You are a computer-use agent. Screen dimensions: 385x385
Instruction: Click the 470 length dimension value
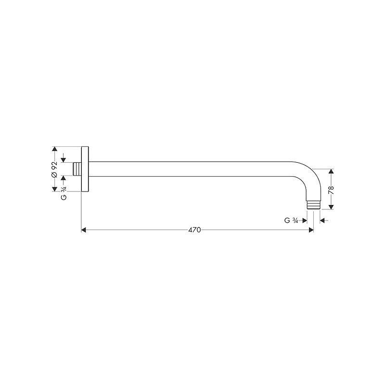point(194,230)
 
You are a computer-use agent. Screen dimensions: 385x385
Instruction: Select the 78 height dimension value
point(331,190)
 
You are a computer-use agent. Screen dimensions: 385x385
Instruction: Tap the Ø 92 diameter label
point(54,169)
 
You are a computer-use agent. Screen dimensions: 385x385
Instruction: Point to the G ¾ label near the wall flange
point(64,193)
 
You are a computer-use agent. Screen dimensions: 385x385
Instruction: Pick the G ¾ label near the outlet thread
point(291,220)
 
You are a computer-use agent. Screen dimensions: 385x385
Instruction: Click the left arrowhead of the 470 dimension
point(83,230)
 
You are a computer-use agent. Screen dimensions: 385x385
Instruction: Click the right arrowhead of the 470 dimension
point(311,230)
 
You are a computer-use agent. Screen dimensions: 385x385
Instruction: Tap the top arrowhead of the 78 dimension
point(331,171)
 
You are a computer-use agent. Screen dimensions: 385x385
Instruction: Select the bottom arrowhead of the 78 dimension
point(331,207)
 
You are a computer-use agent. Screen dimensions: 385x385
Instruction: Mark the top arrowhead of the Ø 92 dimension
point(54,149)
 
